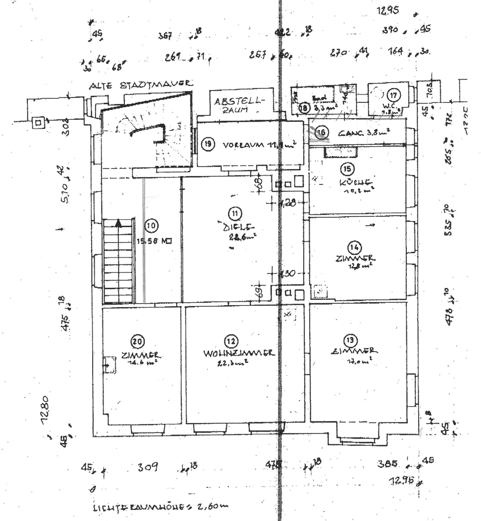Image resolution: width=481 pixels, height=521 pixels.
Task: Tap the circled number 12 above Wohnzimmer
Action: [231, 342]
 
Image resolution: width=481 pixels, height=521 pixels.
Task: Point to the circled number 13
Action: [351, 340]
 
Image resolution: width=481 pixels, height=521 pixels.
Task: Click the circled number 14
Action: [354, 247]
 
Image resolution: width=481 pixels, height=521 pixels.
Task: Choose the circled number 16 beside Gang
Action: [322, 132]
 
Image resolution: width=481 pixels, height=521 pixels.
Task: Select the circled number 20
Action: [137, 342]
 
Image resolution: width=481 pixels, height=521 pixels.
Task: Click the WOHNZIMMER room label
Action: [239, 353]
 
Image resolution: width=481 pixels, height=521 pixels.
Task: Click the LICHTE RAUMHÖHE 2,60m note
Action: [160, 507]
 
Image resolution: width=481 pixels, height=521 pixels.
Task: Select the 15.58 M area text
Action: [154, 242]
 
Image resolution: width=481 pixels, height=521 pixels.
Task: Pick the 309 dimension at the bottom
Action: [148, 467]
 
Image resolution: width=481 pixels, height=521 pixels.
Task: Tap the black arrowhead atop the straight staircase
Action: [118, 223]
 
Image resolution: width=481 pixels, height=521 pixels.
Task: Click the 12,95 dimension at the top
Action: [389, 10]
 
